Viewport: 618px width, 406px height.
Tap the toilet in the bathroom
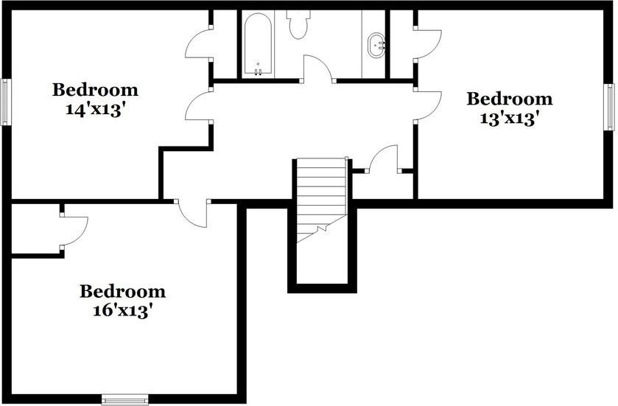point(298,24)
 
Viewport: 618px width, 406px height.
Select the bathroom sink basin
point(376,45)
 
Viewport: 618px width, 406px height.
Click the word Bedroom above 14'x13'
point(95,90)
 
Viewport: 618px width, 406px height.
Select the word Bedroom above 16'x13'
point(122,292)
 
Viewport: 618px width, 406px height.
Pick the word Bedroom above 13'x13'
point(510,99)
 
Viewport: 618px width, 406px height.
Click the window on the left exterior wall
point(5,102)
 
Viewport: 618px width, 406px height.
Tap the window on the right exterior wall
point(611,107)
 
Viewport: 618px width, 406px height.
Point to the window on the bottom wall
point(124,400)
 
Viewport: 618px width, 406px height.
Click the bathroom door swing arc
point(317,69)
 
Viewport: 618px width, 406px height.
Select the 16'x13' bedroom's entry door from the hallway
point(192,214)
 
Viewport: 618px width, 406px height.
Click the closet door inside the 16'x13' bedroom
point(74,231)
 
